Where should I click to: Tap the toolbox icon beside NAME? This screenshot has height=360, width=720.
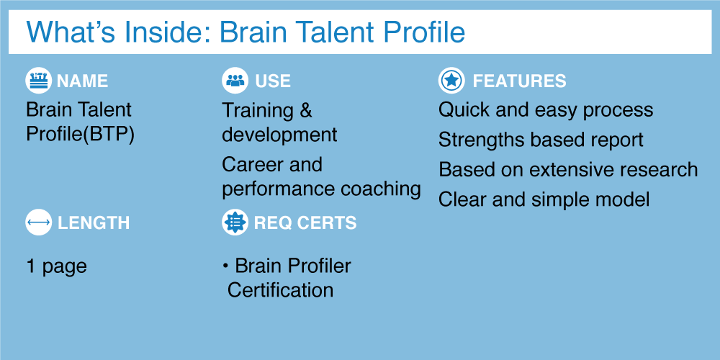pyautogui.click(x=39, y=81)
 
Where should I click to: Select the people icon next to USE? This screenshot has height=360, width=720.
pyautogui.click(x=235, y=81)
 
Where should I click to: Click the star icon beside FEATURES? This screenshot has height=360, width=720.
pyautogui.click(x=452, y=81)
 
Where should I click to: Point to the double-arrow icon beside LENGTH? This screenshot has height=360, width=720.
pyautogui.click(x=39, y=222)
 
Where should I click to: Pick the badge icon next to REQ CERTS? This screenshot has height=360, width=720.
pyautogui.click(x=235, y=222)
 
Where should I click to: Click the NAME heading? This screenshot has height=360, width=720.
pyautogui.click(x=83, y=81)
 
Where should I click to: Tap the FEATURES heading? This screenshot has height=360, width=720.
pyautogui.click(x=519, y=81)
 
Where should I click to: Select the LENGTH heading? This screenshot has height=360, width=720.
pyautogui.click(x=94, y=223)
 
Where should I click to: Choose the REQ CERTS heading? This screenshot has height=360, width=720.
pyautogui.click(x=305, y=223)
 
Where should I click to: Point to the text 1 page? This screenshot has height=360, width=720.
pyautogui.click(x=56, y=267)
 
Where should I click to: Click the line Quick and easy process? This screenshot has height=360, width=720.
pyautogui.click(x=546, y=111)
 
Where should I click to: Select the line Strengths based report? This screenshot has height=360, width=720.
pyautogui.click(x=541, y=140)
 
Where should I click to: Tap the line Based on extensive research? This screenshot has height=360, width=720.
pyautogui.click(x=568, y=170)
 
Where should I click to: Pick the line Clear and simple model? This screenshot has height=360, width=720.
pyautogui.click(x=544, y=199)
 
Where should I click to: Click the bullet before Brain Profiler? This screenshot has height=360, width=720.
pyautogui.click(x=225, y=266)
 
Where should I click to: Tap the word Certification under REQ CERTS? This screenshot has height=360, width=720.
pyautogui.click(x=280, y=291)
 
